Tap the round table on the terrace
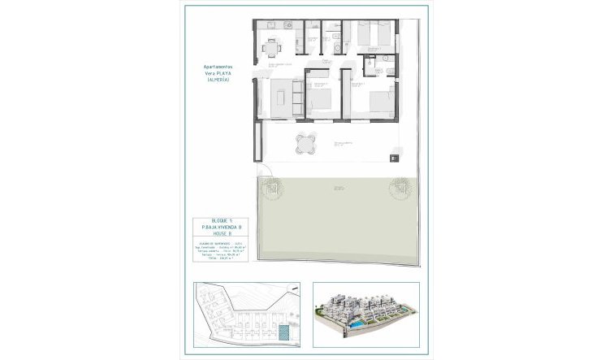[x=303, y=143]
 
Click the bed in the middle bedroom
[x=318, y=100]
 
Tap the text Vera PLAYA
[x=218, y=74]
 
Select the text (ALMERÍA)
[x=218, y=80]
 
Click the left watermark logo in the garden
[x=273, y=189]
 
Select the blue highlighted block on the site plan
[x=283, y=334]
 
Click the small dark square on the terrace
[x=394, y=155]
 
